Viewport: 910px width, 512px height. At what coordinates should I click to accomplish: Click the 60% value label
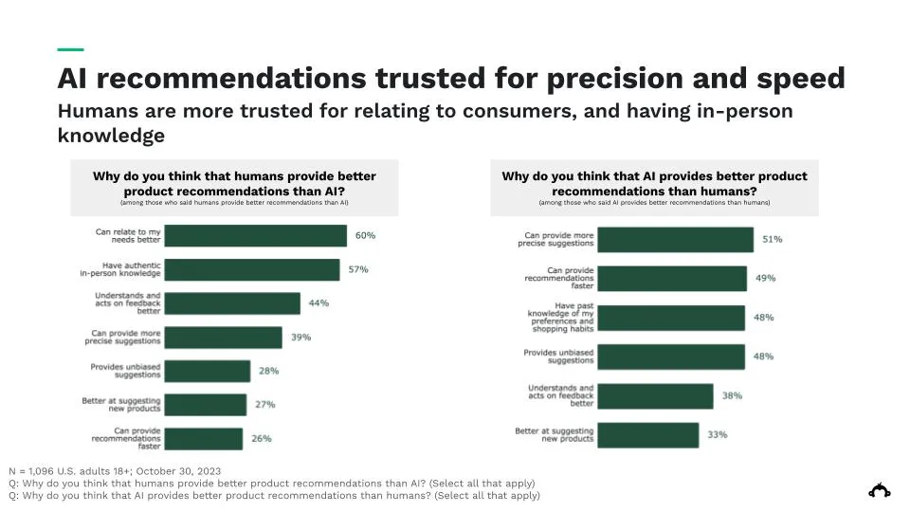365,235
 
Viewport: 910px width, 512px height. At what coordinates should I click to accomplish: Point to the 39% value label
300,338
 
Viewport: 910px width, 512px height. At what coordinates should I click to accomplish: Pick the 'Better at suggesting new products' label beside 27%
121,405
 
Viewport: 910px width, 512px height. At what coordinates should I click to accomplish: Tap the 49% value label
765,279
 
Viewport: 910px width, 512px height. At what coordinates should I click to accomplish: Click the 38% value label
731,395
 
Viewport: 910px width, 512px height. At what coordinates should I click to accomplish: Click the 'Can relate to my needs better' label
128,235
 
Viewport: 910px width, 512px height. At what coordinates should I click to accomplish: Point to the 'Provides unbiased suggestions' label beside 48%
558,357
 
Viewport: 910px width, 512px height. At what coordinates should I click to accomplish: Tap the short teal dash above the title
70,49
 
